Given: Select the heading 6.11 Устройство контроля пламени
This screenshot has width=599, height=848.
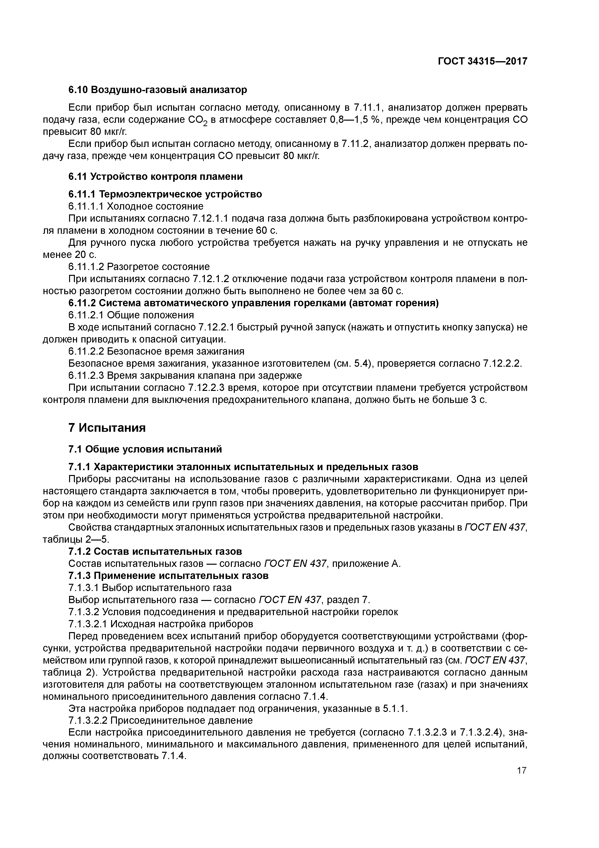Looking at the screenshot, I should pyautogui.click(x=155, y=176).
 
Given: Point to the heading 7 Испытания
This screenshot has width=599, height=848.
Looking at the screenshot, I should pyautogui.click(x=107, y=428).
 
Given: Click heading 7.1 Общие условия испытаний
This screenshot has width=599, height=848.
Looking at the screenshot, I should pyautogui.click(x=145, y=449).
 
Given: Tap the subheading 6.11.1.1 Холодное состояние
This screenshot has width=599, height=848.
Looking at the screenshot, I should pyautogui.click(x=136, y=206).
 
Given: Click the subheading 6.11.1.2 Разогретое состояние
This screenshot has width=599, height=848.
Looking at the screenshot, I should pyautogui.click(x=139, y=267).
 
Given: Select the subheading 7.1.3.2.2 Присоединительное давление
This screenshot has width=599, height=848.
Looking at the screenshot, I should pyautogui.click(x=161, y=721).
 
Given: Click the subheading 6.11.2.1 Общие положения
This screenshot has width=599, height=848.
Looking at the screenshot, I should pyautogui.click(x=131, y=315).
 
